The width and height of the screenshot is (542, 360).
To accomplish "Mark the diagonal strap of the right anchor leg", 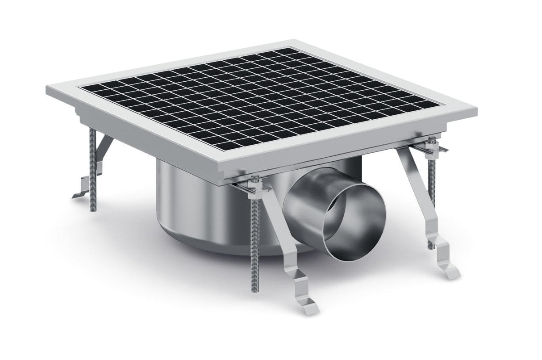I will click(413, 188).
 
